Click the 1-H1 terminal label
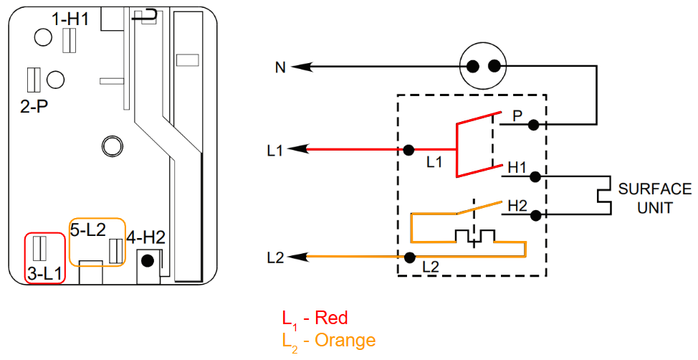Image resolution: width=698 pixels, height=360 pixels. [x=70, y=20]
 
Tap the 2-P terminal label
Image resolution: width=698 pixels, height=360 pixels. [x=34, y=106]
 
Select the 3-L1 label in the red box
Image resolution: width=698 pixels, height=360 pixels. [x=44, y=274]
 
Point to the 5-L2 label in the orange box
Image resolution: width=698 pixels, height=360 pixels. [x=88, y=229]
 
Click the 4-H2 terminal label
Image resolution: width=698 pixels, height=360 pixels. [x=145, y=237]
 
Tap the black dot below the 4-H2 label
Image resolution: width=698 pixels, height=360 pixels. [x=149, y=260]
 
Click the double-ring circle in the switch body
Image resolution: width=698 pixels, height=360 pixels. [x=111, y=146]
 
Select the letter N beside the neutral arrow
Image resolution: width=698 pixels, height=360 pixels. [x=280, y=69]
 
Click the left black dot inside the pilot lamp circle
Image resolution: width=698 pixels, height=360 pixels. [x=473, y=67]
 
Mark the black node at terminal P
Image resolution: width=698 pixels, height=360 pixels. [x=533, y=125]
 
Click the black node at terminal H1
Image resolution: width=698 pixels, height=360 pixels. [x=535, y=177]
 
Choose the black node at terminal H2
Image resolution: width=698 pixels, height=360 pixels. [x=535, y=216]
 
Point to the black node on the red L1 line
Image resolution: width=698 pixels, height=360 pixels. [x=408, y=150]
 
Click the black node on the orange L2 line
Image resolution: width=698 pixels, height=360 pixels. [x=409, y=257]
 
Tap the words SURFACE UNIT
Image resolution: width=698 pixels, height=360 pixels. [x=655, y=198]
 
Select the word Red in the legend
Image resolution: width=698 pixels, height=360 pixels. [x=331, y=318]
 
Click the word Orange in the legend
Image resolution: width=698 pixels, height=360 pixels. [x=345, y=341]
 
